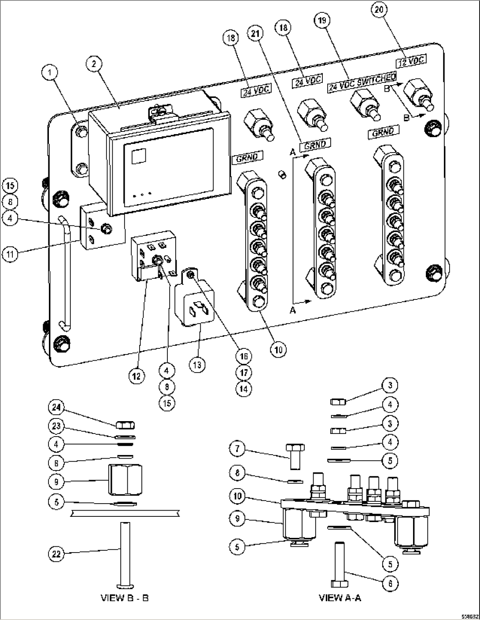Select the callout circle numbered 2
point(94,63)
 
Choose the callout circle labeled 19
point(322,20)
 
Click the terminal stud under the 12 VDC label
point(420,94)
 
